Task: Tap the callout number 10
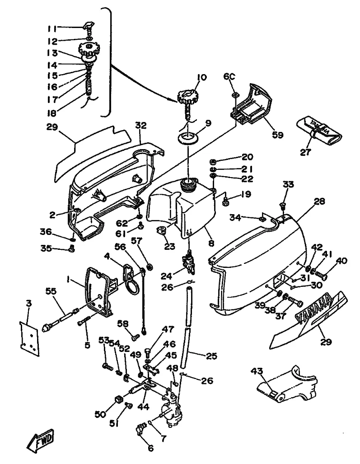201,77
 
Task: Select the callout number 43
257,371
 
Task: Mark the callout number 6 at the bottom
150,449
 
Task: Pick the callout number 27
306,152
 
